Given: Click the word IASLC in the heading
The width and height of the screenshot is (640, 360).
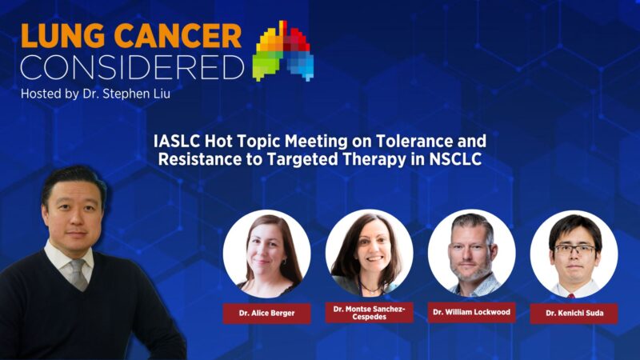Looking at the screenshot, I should coord(177,142).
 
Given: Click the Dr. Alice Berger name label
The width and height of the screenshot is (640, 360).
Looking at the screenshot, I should coord(266,314).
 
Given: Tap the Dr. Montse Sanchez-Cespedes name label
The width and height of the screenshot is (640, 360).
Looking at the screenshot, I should coord(369,312).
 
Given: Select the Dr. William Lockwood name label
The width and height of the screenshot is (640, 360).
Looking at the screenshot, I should coord(471,312).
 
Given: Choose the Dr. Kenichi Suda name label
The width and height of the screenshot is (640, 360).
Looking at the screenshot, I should coord(574,314).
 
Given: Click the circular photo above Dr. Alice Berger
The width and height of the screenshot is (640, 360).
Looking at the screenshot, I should coord(266,254).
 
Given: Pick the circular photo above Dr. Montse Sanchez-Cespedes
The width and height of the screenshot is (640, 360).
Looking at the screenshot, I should coord(369,254).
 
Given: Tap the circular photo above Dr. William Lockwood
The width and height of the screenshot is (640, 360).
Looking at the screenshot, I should coord(471,254).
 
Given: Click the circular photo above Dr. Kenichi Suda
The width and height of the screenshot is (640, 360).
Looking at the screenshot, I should coord(574,254).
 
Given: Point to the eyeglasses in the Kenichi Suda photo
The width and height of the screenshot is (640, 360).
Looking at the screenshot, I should coord(574,249).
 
